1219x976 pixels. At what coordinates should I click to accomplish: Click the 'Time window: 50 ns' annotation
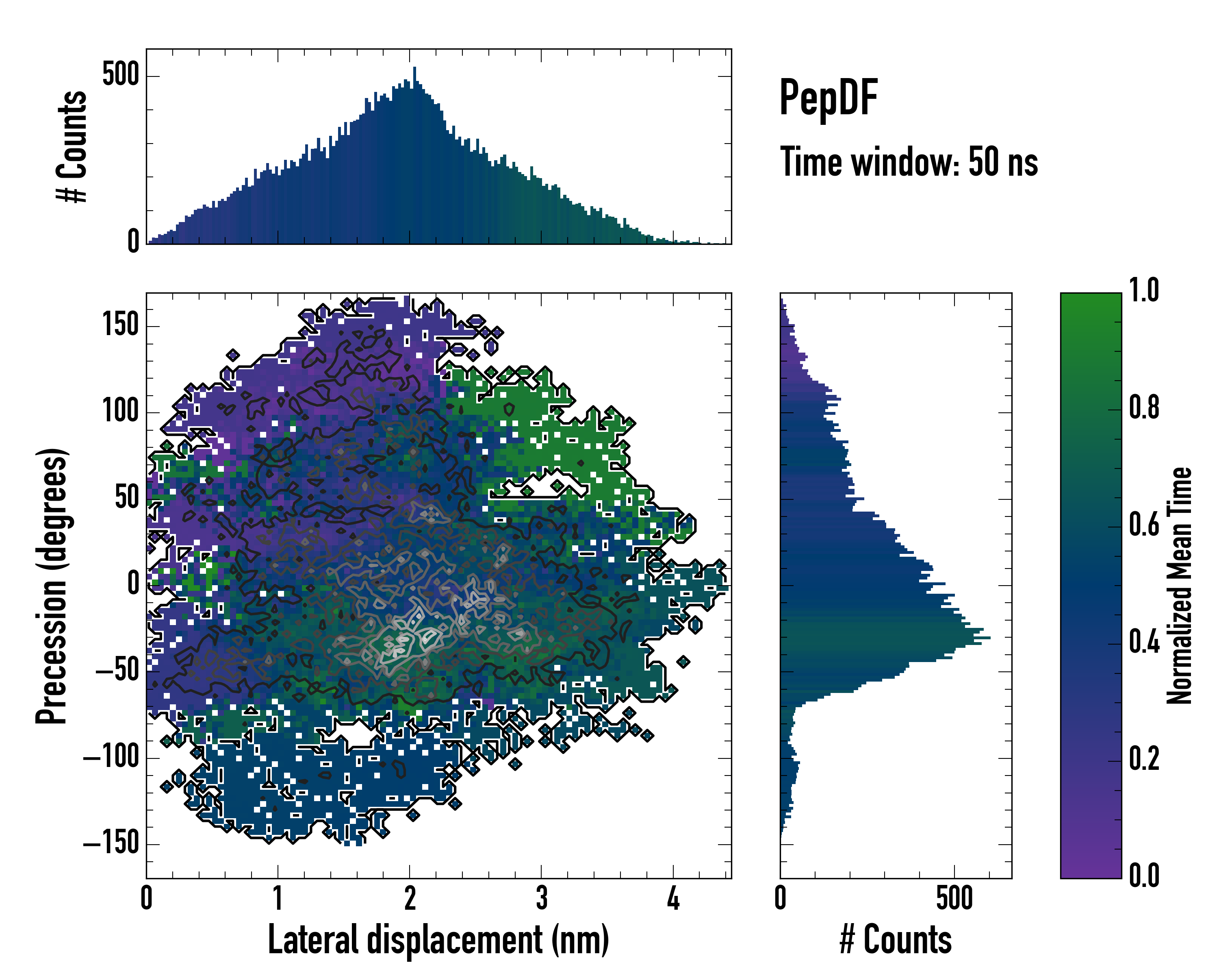coord(909,162)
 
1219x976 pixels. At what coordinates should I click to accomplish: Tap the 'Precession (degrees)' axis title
coord(52,586)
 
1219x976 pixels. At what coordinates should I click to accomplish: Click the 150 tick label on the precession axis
coord(120,325)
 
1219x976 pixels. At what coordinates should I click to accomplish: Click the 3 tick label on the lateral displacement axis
coord(542,898)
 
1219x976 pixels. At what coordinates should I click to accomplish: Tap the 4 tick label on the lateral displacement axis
coord(673,898)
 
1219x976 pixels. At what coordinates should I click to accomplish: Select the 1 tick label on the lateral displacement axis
coord(278,898)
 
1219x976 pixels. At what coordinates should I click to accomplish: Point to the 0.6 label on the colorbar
coord(1144,525)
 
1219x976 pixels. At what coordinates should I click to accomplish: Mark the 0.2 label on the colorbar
coord(1144,759)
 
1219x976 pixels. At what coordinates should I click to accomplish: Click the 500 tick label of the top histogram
coord(120,75)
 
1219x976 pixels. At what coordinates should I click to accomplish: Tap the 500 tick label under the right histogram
coord(954,898)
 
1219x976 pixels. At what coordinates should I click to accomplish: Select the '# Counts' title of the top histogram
coord(72,146)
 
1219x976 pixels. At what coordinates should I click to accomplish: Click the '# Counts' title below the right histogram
coord(896,940)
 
